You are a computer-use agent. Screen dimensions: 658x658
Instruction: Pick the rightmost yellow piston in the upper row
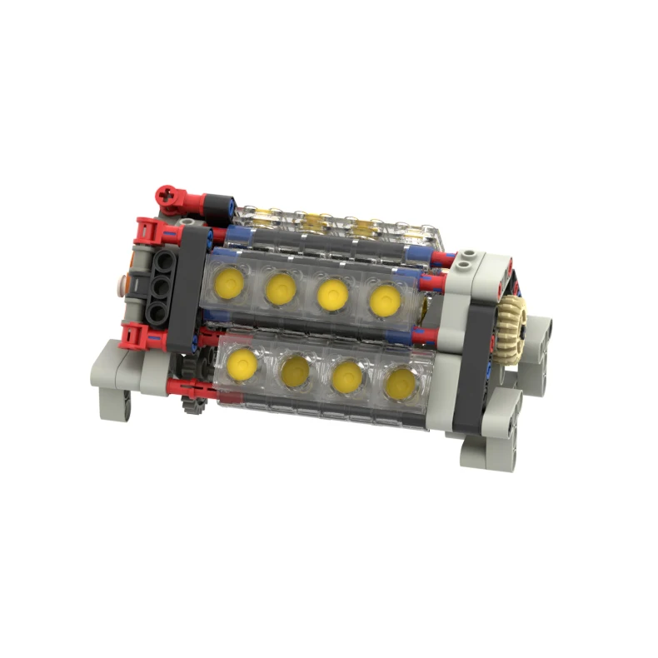point(384,300)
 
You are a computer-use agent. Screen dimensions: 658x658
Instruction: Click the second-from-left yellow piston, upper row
point(281,288)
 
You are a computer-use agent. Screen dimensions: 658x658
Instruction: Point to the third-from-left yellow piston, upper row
point(332,294)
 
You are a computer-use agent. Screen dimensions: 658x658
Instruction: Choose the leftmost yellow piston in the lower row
point(242,363)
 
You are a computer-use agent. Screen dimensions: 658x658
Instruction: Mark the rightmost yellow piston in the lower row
point(401,382)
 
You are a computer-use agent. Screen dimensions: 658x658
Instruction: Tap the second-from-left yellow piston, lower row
point(296,369)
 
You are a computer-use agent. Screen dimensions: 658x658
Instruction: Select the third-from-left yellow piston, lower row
point(348,376)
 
